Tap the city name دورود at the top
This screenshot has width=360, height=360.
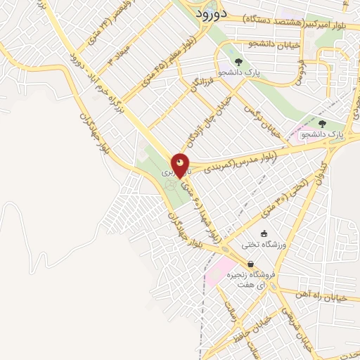[209, 13]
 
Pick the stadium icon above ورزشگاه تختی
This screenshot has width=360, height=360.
[264, 234]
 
